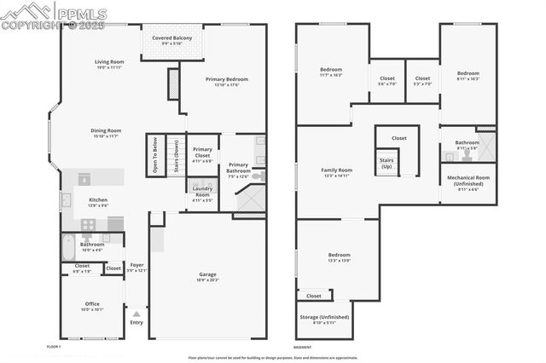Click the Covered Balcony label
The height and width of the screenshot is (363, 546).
(172, 38)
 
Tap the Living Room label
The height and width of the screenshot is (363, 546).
(109, 62)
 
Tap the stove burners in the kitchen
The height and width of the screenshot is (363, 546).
(87, 223)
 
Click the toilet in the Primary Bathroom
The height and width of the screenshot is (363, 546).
(258, 176)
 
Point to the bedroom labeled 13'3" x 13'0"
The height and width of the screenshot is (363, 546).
(339, 256)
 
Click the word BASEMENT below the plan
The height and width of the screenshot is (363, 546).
(303, 348)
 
